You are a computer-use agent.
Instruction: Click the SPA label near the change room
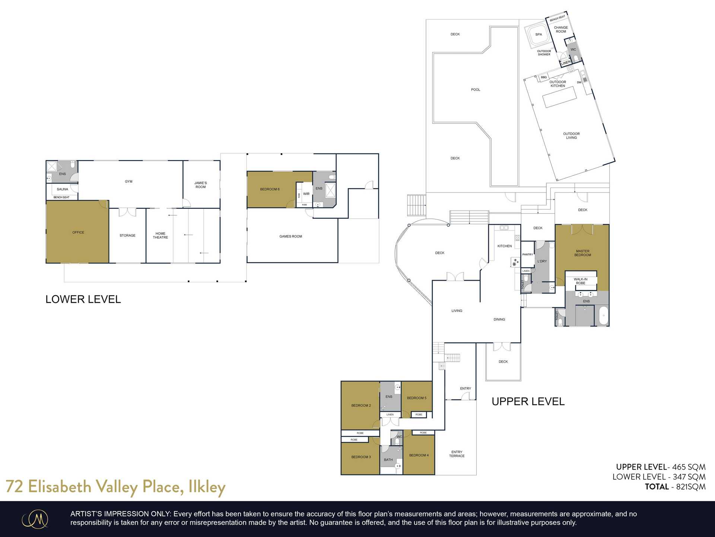pos(538,34)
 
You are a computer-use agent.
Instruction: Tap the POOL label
pos(476,89)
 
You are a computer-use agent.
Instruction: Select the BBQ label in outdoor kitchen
pos(544,77)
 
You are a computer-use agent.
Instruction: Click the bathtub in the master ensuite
pos(603,315)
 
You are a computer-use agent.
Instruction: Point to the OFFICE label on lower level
pos(78,232)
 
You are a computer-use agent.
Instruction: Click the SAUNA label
pos(63,189)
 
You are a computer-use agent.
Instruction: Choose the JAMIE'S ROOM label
pos(200,185)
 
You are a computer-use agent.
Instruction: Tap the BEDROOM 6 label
pos(270,189)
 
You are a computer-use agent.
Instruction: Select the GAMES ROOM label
pos(290,236)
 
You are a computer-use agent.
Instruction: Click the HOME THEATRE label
pos(160,235)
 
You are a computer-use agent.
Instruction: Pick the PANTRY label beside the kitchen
pos(527,254)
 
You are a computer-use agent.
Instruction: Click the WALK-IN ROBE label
pos(580,281)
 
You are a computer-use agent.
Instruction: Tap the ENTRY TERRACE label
pos(457,454)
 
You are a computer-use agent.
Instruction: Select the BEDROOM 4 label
pos(419,455)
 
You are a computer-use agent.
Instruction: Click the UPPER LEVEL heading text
pos(528,402)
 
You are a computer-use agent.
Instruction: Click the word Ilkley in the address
pos(207,487)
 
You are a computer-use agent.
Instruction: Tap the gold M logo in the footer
pos(35,519)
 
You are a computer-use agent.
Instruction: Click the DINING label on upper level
pos(499,319)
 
